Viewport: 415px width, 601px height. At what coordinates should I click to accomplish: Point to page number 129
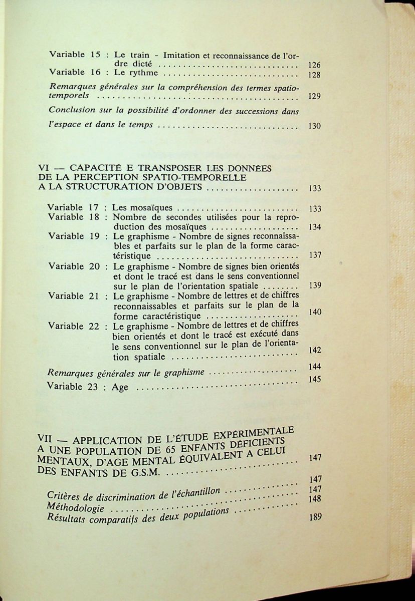tap(314, 97)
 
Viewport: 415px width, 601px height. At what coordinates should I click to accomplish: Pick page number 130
tap(314, 126)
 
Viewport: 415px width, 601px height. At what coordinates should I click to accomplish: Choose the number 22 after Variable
tap(95, 326)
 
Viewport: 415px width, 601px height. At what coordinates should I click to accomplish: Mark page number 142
tap(315, 350)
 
